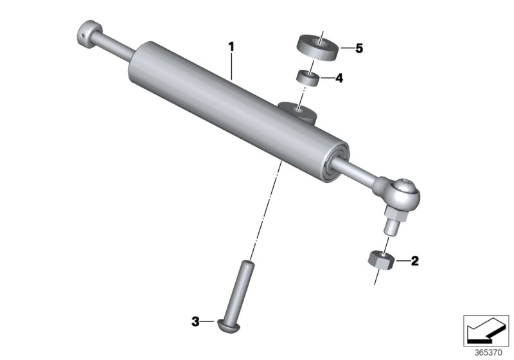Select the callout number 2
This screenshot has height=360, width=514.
point(414,261)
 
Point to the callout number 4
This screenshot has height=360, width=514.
point(339,78)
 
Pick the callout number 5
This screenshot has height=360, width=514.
point(359,48)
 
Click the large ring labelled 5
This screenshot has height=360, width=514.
point(318,48)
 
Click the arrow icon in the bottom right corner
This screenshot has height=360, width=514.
point(486,328)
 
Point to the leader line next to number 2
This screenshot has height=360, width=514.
point(402,261)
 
